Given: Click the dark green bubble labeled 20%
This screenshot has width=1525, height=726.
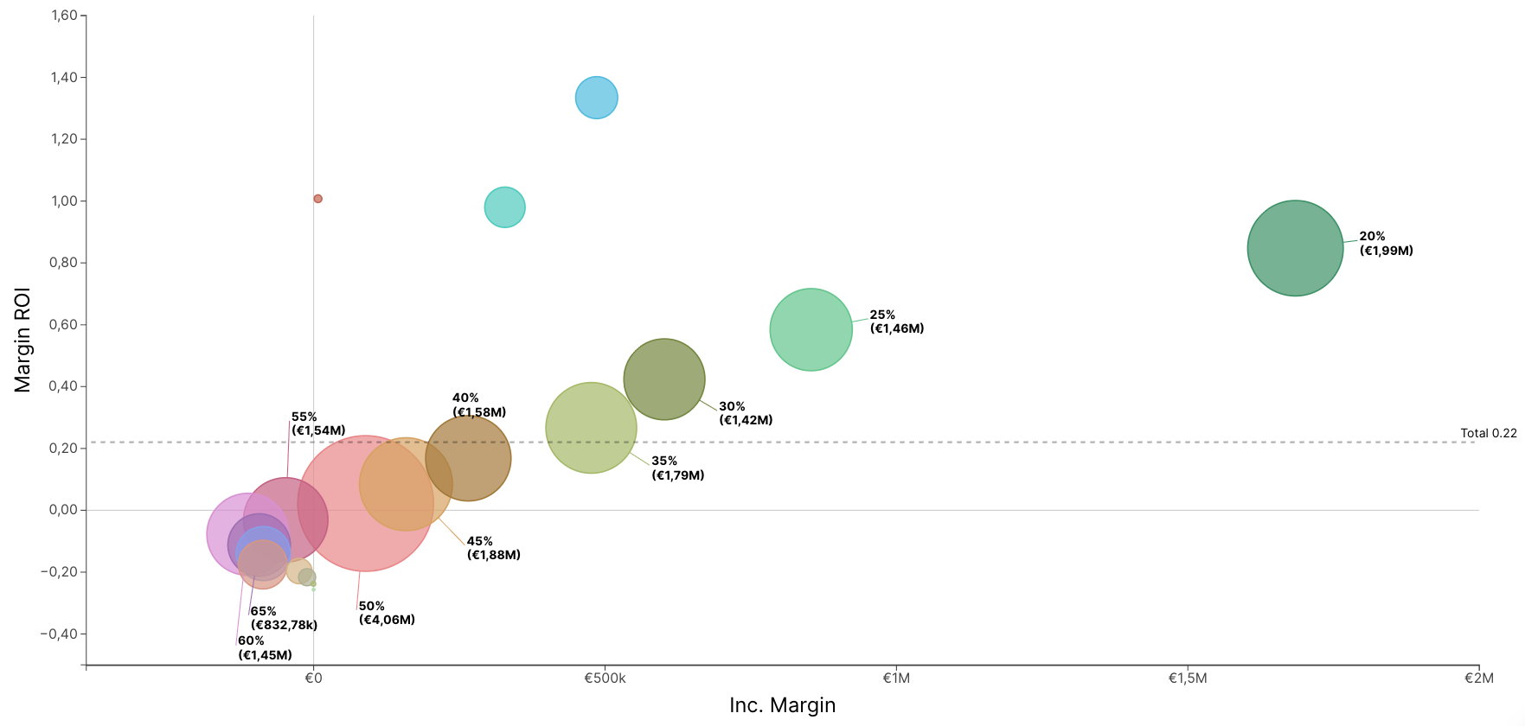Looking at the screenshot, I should pyautogui.click(x=1295, y=248).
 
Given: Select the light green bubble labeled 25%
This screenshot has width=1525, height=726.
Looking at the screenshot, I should pyautogui.click(x=811, y=329).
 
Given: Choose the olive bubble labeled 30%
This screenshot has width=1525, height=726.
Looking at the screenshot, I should pyautogui.click(x=664, y=379).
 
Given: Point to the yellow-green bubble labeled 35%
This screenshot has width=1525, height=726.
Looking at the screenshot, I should pyautogui.click(x=591, y=428).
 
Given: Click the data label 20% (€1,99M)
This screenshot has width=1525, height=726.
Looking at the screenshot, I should pyautogui.click(x=1386, y=244).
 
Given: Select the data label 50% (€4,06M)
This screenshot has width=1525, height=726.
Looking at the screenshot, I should pyautogui.click(x=387, y=613).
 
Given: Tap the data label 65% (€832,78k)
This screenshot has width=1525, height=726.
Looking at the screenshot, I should pyautogui.click(x=284, y=618).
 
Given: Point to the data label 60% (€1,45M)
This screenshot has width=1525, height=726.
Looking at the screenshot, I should pyautogui.click(x=265, y=647).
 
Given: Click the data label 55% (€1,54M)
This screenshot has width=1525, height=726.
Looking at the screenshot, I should pyautogui.click(x=318, y=423).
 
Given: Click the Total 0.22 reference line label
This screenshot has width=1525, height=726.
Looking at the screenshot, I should pyautogui.click(x=1488, y=433).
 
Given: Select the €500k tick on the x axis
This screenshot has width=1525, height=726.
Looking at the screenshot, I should pyautogui.click(x=605, y=678).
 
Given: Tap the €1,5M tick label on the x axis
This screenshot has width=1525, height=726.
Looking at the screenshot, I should pyautogui.click(x=1188, y=678).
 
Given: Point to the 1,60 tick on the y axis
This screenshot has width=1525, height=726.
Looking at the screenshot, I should pyautogui.click(x=64, y=16).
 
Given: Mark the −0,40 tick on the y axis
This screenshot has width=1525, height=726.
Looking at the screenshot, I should pyautogui.click(x=59, y=634).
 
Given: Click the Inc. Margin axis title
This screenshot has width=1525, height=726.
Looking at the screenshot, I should pyautogui.click(x=782, y=705).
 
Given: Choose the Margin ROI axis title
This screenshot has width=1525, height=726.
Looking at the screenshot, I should pyautogui.click(x=22, y=340).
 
